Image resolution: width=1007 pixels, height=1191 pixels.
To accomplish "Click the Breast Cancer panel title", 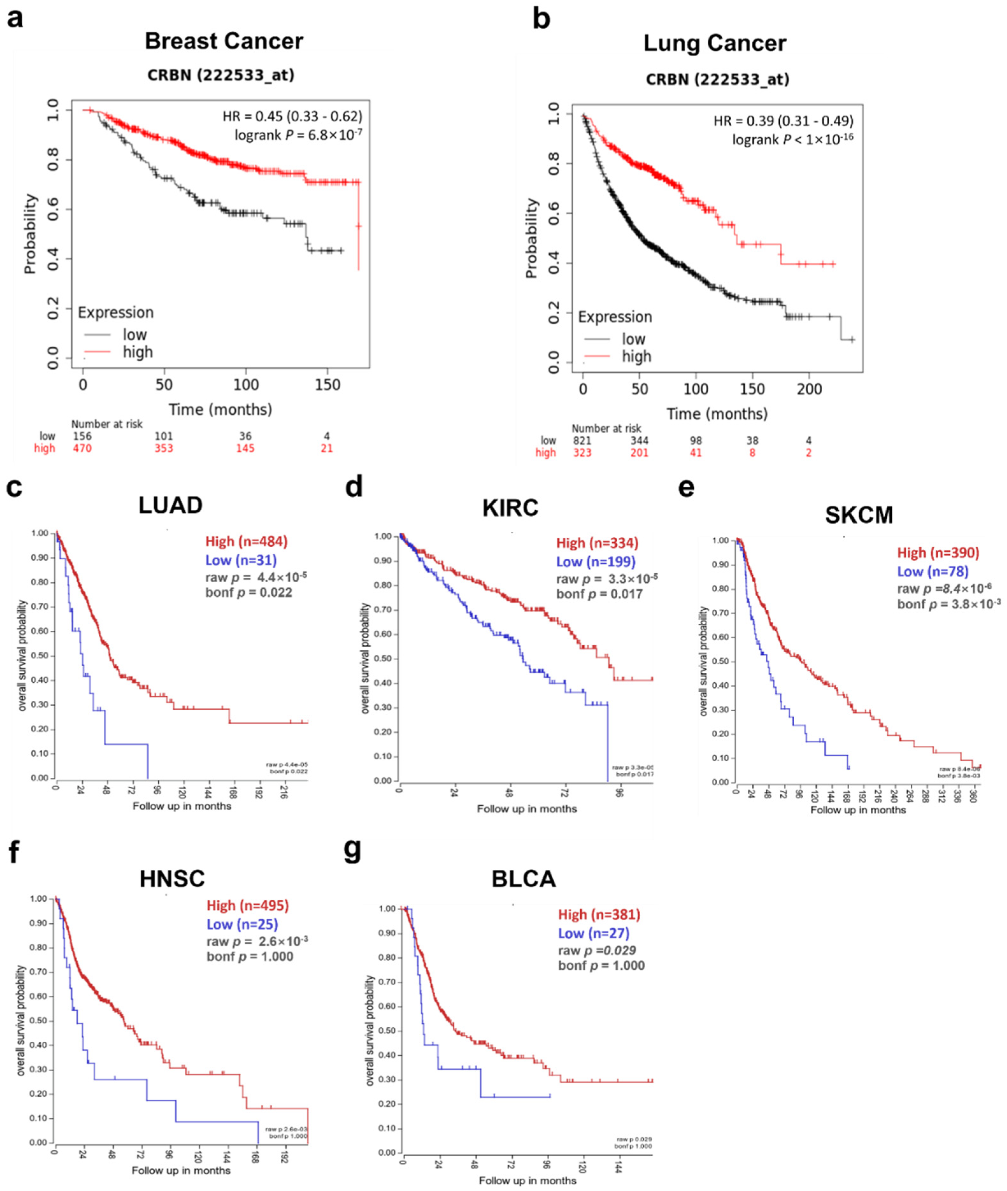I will [x=224, y=41].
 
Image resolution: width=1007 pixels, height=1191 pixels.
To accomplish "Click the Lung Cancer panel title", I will [x=715, y=43].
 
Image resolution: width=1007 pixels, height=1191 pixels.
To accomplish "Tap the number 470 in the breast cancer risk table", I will [x=82, y=448].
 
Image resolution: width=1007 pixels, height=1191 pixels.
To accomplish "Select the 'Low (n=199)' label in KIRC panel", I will [x=595, y=562].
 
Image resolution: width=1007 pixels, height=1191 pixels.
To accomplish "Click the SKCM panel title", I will [x=859, y=515].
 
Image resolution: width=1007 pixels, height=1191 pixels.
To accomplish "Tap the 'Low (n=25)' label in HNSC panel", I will [x=242, y=924].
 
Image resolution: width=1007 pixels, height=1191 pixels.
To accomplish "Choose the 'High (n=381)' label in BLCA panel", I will [x=599, y=915].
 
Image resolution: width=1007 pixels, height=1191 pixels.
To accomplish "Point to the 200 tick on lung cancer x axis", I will [x=809, y=389].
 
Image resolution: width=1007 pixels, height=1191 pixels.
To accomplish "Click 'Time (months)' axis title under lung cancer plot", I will [x=717, y=414].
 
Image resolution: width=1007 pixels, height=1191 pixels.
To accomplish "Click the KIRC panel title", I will [x=510, y=507].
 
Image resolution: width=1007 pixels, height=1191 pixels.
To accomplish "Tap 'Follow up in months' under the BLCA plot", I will [x=528, y=1180].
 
